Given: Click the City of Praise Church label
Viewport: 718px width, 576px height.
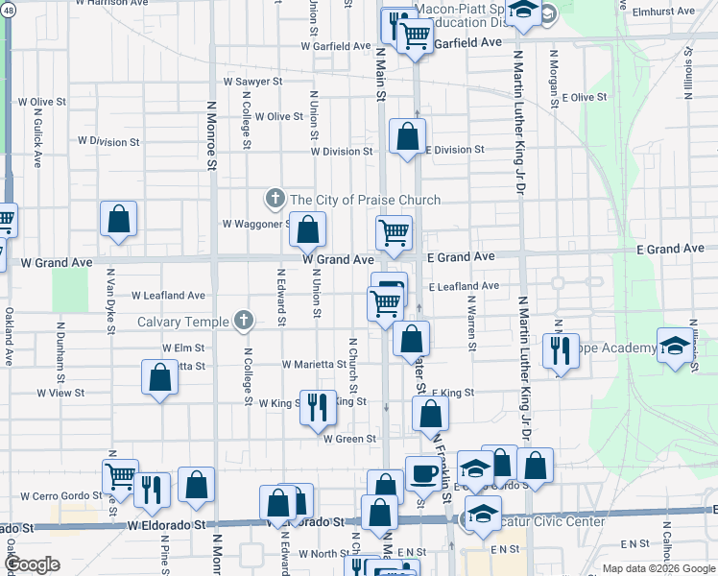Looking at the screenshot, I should pyautogui.click(x=365, y=200).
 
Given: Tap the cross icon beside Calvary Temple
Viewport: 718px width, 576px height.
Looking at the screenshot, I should pyautogui.click(x=244, y=321).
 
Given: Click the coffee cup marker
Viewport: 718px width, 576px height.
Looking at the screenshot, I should pyautogui.click(x=422, y=473).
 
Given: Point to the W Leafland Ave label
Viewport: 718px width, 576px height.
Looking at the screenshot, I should pyautogui.click(x=169, y=296).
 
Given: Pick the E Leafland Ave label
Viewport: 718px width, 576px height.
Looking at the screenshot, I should pyautogui.click(x=464, y=286).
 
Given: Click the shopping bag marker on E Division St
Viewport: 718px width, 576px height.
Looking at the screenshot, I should pyautogui.click(x=408, y=137).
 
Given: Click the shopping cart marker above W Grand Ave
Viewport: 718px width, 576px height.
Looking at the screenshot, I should pyautogui.click(x=394, y=232).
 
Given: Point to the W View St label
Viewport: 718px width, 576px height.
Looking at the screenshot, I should pyautogui.click(x=60, y=393).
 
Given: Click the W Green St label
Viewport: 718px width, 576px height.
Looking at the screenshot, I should pyautogui.click(x=349, y=439).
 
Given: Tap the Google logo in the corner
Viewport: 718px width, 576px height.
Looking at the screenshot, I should pyautogui.click(x=32, y=564).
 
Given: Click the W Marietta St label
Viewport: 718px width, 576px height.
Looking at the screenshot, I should pyautogui.click(x=314, y=365).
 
